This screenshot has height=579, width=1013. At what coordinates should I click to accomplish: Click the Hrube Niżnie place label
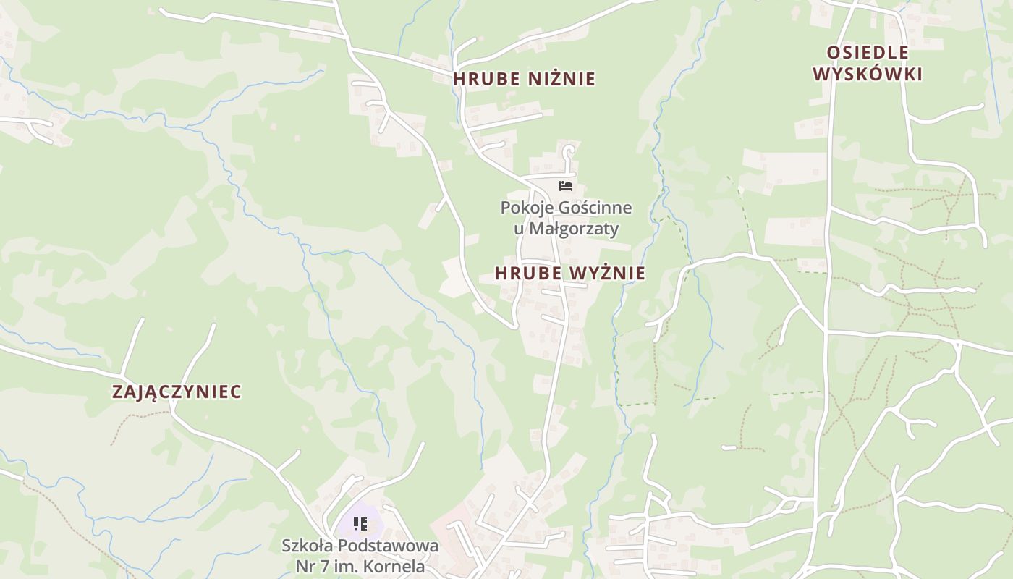coord(524,78)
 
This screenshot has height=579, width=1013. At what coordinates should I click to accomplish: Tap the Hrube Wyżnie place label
coord(570,273)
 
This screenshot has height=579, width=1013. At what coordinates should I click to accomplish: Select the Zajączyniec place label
coord(177,392)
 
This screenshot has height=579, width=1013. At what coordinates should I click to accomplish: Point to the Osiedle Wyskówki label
coord(868,63)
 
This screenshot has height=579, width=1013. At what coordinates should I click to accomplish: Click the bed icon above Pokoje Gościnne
coord(566,186)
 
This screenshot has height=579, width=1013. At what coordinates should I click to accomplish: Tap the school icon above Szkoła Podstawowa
coord(360,523)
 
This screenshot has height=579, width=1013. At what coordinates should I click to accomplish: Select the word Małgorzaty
coord(574,229)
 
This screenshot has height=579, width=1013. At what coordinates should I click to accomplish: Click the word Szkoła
coord(308,546)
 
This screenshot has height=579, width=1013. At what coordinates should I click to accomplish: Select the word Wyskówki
coord(868,74)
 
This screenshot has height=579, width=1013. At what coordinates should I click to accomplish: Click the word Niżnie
coord(562,78)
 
